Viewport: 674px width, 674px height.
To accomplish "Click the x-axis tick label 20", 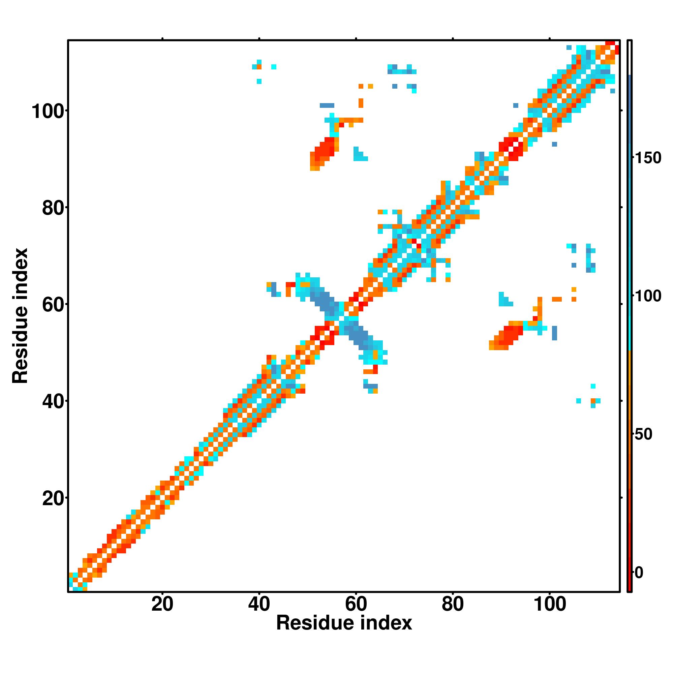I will click(162, 605).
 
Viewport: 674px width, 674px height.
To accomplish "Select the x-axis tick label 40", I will click(259, 605).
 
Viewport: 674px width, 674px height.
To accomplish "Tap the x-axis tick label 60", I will click(356, 605).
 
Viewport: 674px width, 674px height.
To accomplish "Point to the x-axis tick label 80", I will click(453, 605).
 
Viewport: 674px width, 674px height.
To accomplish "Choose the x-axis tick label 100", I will click(550, 605).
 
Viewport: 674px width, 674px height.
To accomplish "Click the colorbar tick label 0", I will click(639, 573).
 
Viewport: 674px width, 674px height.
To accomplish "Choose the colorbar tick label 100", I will click(648, 296).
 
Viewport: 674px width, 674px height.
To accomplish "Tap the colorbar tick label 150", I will click(648, 158).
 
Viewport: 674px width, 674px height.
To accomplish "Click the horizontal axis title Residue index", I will click(344, 623).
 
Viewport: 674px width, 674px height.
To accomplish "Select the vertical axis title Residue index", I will click(20, 316).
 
